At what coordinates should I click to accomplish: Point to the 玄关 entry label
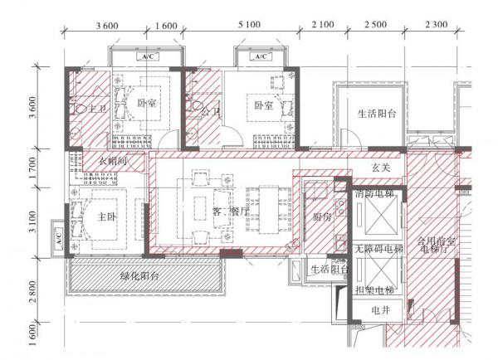pos(380,167)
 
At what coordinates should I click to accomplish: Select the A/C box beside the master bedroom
pos(59,237)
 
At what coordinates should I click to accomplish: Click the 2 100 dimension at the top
pos(322,26)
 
